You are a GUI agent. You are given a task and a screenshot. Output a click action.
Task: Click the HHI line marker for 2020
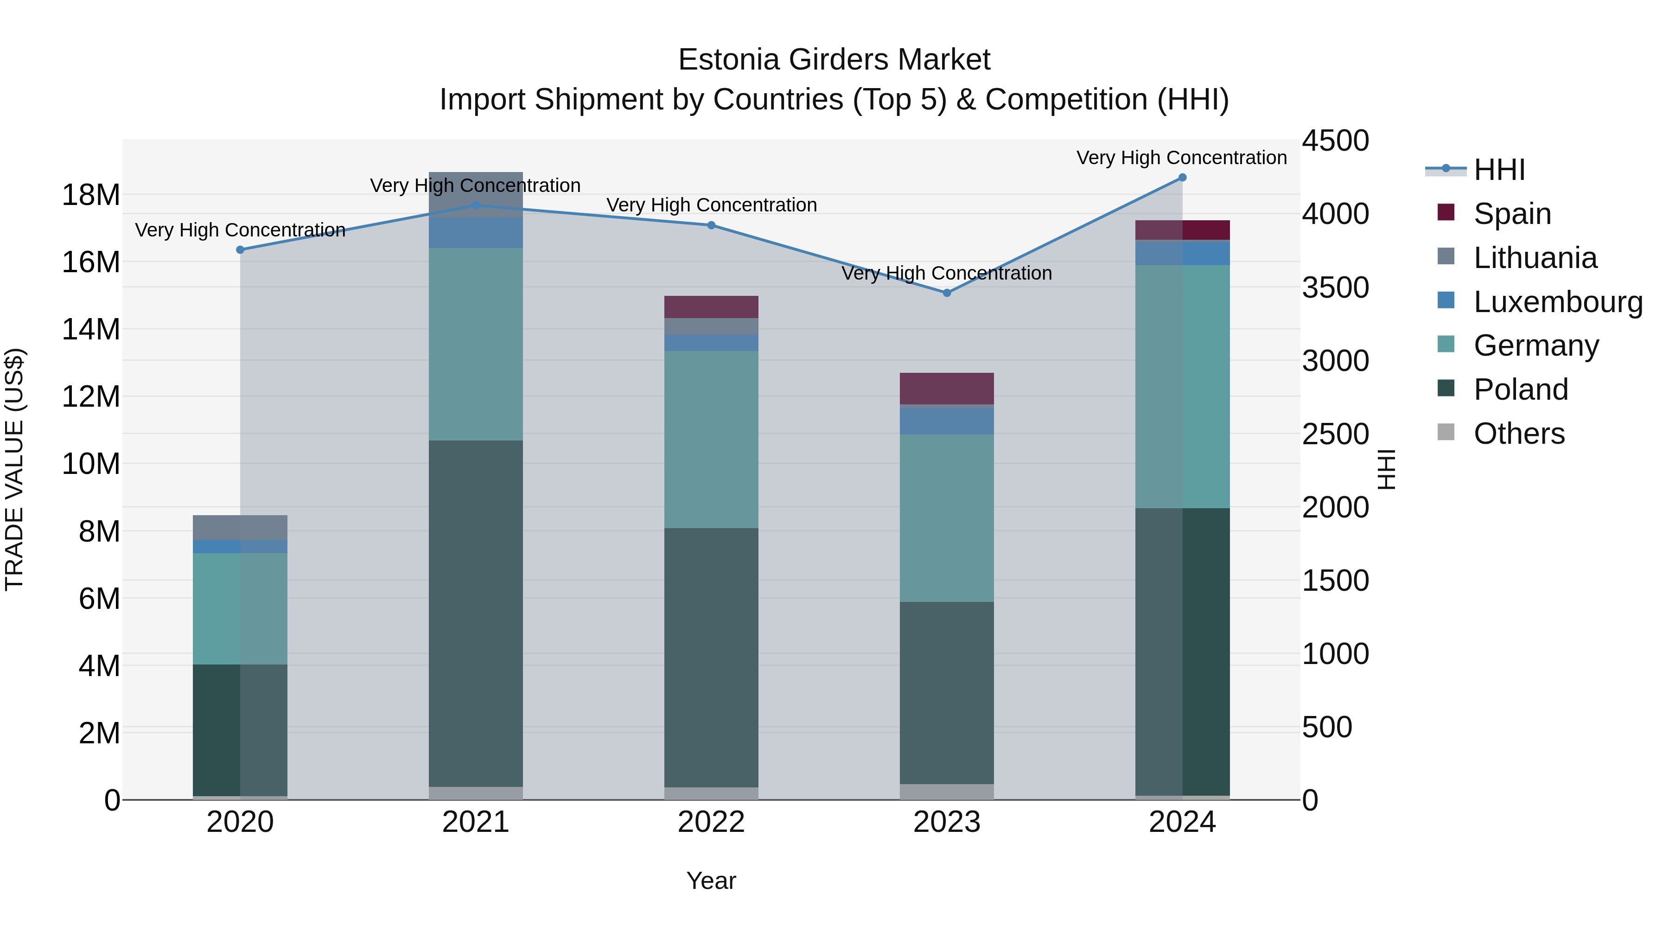(x=240, y=249)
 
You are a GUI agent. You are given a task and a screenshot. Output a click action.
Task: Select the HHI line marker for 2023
(x=947, y=293)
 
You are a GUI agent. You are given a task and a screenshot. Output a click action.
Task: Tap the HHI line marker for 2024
(x=1182, y=178)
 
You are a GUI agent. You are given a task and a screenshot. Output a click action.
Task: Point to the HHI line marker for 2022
(x=711, y=225)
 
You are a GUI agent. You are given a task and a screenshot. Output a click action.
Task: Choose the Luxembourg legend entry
(x=1558, y=301)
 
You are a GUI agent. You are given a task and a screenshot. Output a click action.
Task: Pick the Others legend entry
(x=1519, y=434)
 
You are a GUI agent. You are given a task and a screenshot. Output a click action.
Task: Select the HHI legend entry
(x=1498, y=170)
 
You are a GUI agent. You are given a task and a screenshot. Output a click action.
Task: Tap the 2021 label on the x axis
(x=476, y=822)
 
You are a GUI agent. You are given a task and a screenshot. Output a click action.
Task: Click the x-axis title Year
(x=711, y=881)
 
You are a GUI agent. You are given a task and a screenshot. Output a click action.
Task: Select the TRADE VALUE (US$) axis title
(x=15, y=469)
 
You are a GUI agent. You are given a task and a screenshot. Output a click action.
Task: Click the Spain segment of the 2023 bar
(x=947, y=389)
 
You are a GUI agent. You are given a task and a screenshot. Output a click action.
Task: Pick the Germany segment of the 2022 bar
(x=711, y=440)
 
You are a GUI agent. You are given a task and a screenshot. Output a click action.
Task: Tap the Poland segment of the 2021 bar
(x=476, y=613)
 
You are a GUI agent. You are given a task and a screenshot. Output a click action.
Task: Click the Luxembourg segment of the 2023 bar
(x=947, y=421)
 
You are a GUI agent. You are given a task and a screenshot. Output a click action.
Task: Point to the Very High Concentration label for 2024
(x=1181, y=158)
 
